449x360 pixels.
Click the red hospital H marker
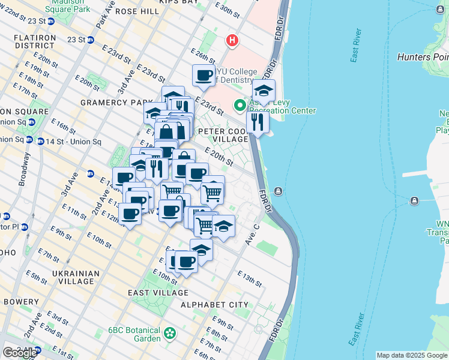point(232,41)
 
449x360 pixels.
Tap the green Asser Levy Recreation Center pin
point(241,106)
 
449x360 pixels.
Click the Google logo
point(19,352)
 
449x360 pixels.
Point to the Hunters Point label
point(423,57)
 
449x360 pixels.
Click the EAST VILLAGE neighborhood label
point(158,293)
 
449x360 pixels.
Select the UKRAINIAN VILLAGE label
point(76,278)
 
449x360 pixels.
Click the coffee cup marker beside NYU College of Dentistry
point(203,76)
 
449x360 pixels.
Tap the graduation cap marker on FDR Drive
point(264,91)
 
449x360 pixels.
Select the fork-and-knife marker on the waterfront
point(258,122)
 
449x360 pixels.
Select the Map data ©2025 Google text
point(412,355)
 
